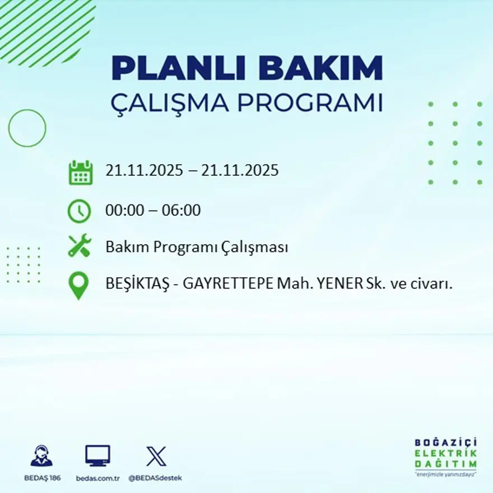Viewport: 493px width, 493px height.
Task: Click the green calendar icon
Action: (80, 173)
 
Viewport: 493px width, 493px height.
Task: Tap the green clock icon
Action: (79, 211)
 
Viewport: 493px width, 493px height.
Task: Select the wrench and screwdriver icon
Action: (80, 246)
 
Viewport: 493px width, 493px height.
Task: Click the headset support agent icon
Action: (41, 456)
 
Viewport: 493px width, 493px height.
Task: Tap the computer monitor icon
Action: (97, 455)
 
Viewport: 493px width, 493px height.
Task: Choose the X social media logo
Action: (156, 456)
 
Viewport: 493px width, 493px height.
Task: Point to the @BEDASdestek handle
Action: (155, 478)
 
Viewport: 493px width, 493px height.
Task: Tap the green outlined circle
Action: (27, 128)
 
